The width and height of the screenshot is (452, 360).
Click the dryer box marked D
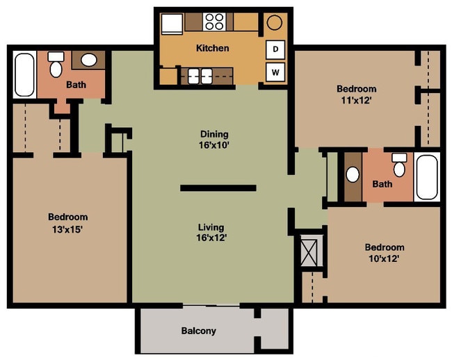[x=275, y=49]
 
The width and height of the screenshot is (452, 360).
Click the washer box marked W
[x=275, y=71]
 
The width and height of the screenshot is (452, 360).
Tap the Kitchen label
[x=212, y=49]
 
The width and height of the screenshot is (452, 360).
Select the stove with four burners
[x=214, y=22]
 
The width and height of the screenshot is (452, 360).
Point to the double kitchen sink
[x=196, y=75]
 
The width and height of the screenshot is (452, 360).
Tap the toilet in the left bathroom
[x=56, y=64]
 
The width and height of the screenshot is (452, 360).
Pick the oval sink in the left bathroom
[x=89, y=60]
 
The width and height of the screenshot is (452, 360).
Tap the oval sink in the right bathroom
[x=353, y=174]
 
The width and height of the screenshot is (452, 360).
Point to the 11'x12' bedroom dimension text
[x=356, y=100]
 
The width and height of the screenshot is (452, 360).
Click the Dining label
[x=214, y=134]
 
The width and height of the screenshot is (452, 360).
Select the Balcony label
[x=198, y=331]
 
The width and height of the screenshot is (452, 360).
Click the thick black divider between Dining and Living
[x=218, y=188]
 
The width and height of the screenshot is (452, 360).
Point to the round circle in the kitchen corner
[x=274, y=22]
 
